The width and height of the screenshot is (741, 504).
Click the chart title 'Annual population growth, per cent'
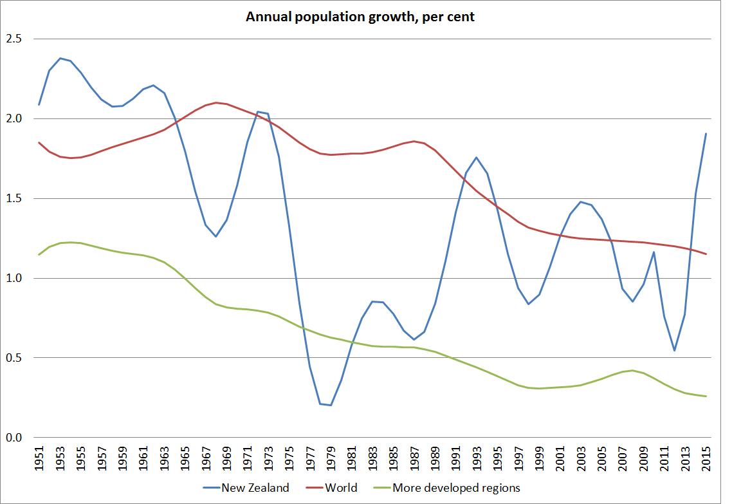[x=360, y=17]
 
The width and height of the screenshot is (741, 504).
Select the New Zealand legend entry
[x=255, y=487]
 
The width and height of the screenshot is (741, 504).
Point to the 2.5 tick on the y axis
[x=14, y=39]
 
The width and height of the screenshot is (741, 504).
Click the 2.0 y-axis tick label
[x=14, y=119]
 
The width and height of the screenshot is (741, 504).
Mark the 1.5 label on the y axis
[x=14, y=199]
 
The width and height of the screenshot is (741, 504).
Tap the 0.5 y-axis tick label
[x=14, y=358]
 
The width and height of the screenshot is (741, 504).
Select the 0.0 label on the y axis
[x=14, y=438]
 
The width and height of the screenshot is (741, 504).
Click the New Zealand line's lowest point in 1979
[x=331, y=406]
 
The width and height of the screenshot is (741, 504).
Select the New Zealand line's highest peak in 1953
[x=60, y=58]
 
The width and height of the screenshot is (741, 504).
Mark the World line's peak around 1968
[x=216, y=102]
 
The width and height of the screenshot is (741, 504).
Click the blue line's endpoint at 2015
[x=706, y=134]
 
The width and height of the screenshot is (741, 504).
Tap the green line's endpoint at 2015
[x=706, y=397]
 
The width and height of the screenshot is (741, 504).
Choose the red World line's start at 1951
[x=39, y=142]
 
